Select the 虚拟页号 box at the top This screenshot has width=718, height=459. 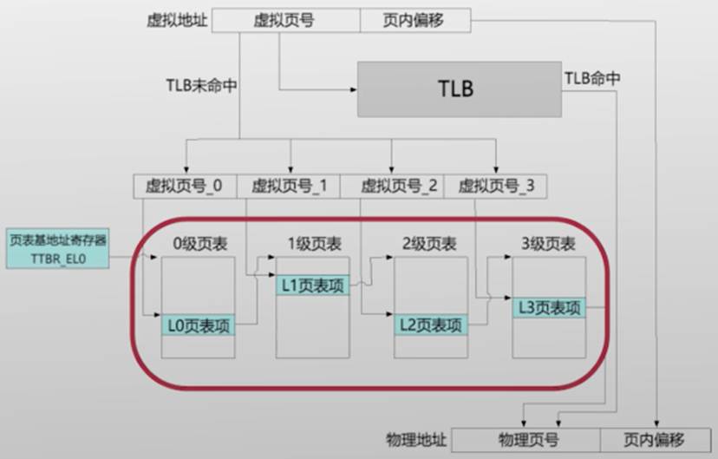pos(285,20)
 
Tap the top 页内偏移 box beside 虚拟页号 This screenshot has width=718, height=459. pos(414,20)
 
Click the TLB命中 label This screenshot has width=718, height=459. pos(592,78)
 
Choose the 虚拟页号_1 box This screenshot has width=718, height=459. pos(289,186)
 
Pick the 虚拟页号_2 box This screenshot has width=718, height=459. pos(391,186)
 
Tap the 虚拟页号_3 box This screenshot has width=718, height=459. pos(495,186)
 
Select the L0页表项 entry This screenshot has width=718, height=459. pos(198,325)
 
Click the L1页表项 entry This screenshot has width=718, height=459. pos(312,285)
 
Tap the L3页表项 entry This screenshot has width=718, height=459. pos(548,306)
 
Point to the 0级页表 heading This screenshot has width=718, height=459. pos(199,244)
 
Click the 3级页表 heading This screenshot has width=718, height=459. pos(547,244)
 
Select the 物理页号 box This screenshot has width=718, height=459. pos(526,439)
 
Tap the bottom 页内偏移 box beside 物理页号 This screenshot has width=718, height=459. pos(655,439)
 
